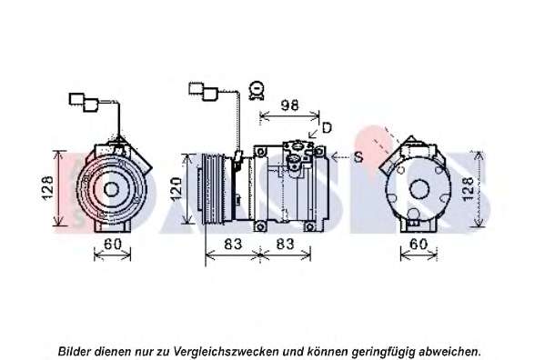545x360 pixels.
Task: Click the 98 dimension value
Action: click(x=289, y=105)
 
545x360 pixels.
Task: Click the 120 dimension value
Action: click(x=177, y=189)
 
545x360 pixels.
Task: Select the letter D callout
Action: click(x=327, y=128)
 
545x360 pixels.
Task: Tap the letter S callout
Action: click(x=358, y=157)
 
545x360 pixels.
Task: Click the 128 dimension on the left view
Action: click(x=47, y=188)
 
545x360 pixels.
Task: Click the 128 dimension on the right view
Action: click(x=469, y=188)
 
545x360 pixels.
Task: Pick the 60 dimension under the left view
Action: click(x=113, y=244)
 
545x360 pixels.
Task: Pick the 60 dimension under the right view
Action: click(x=419, y=244)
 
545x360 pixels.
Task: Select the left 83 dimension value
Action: click(x=233, y=244)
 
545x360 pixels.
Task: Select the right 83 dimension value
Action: click(x=285, y=244)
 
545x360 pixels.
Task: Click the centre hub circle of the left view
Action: click(x=111, y=190)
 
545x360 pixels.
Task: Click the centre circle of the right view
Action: click(x=419, y=189)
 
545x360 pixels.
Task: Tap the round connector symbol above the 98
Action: click(x=257, y=90)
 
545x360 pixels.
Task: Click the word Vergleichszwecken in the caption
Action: click(x=226, y=352)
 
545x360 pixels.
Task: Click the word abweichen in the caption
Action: click(x=450, y=351)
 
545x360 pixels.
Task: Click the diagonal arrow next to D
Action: click(x=314, y=133)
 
